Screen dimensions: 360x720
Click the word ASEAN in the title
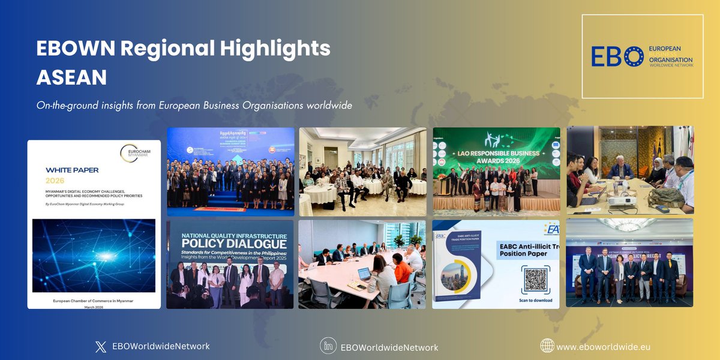[71, 77]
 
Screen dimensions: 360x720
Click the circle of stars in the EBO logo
[634, 57]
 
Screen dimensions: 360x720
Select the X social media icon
[100, 346]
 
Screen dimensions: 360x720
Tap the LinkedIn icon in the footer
[327, 346]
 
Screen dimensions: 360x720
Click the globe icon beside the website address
[547, 346]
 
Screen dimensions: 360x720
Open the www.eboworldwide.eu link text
[603, 347]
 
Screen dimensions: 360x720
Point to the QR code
[535, 280]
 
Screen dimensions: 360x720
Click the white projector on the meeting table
[622, 199]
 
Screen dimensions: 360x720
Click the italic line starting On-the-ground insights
[194, 105]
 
